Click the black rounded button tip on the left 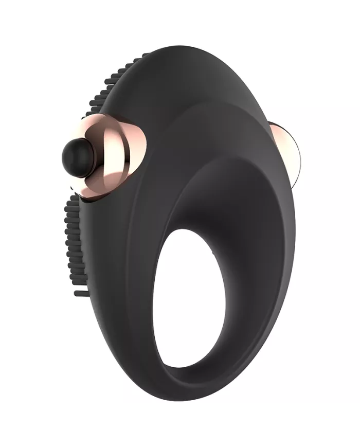pos(77,154)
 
